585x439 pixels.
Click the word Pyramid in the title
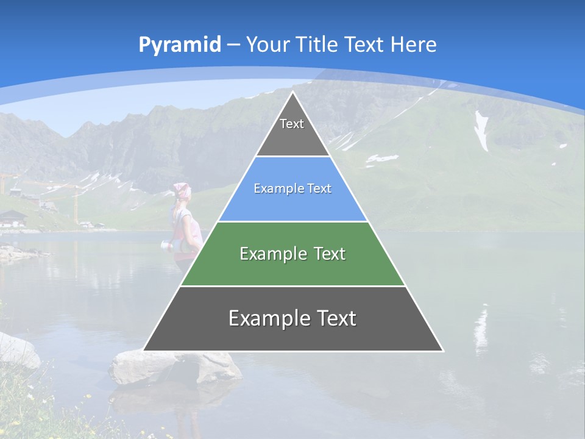click(180, 45)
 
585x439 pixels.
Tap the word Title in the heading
click(318, 45)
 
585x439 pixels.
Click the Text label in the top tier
click(292, 124)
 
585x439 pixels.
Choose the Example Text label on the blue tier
click(292, 189)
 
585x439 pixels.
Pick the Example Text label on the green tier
click(292, 254)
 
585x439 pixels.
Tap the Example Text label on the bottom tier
click(292, 318)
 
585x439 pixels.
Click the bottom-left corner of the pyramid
click(144, 350)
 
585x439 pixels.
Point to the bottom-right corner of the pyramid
click(442, 351)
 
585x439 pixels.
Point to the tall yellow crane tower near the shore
click(76, 204)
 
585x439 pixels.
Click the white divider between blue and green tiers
click(292, 221)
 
